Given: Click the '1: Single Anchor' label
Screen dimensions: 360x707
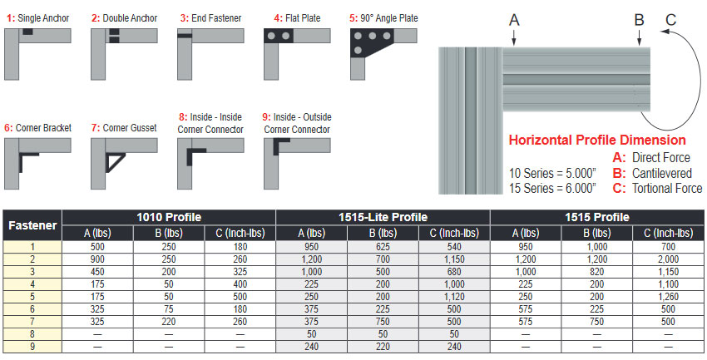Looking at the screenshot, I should pos(37,17).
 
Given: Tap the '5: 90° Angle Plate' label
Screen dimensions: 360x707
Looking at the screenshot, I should pos(383,17).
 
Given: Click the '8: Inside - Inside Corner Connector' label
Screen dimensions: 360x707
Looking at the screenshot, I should pos(210,123).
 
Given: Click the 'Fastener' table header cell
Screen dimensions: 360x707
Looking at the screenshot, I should pos(32,224).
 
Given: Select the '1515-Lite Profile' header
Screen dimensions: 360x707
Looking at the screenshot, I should pos(383,216).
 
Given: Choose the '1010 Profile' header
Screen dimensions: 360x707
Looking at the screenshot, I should pos(168,216).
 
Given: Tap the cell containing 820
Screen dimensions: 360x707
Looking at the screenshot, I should pos(597,271).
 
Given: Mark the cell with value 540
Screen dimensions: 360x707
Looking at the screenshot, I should pos(454,247).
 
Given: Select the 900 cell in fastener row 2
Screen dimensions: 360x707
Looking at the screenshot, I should pos(97,259).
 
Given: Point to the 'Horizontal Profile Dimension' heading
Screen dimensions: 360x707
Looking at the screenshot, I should pos(596,141).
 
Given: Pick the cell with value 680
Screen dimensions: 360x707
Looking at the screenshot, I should pos(454,271).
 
